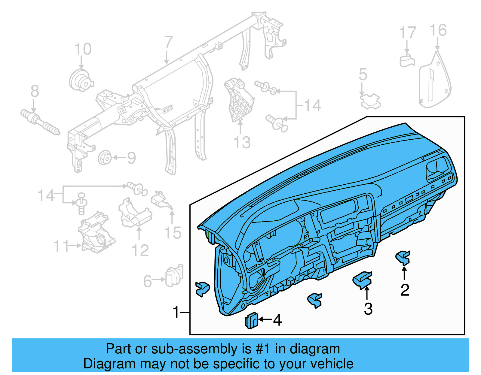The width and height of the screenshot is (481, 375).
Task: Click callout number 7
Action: point(168,43)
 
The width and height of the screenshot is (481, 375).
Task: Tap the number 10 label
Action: point(83,49)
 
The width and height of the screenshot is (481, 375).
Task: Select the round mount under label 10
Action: point(81,80)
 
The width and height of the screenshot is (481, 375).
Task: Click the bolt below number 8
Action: point(40,123)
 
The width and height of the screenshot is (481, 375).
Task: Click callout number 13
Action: point(242,142)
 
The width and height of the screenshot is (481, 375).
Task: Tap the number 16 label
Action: point(438,30)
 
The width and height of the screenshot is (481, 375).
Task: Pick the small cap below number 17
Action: point(407,60)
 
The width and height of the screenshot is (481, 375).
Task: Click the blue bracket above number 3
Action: point(363,280)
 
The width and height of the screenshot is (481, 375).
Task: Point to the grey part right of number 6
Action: point(174,277)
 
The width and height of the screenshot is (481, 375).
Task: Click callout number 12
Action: point(140,251)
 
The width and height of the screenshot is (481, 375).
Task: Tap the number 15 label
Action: point(173,233)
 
